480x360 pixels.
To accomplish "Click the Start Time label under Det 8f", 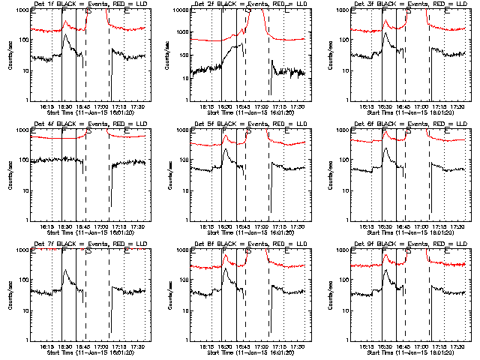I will click(243, 352).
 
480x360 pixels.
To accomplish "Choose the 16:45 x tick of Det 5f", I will click(243, 226).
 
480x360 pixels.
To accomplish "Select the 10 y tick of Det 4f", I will click(23, 190).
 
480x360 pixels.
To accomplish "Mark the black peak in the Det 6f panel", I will click(385, 148).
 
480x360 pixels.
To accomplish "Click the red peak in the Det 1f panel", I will click(66, 22).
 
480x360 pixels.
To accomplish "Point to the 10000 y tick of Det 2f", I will click(181, 10).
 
